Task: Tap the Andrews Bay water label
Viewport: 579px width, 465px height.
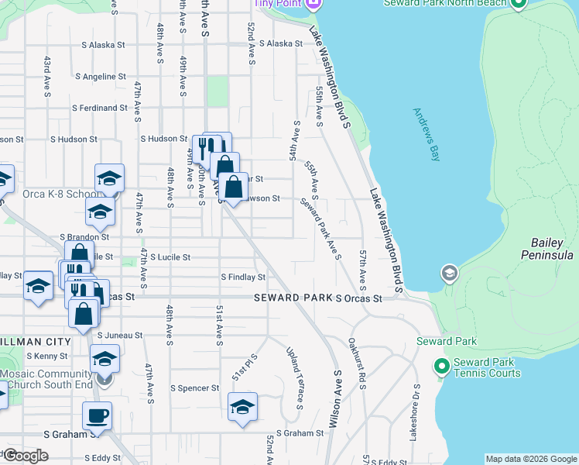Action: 427,134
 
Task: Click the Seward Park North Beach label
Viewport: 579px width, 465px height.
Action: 445,3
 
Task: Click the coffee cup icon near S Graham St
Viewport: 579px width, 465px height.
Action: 97,416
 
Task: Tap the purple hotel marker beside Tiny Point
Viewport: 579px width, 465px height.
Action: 313,5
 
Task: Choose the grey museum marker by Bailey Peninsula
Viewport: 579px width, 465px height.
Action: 449,274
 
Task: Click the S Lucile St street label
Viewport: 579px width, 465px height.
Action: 170,257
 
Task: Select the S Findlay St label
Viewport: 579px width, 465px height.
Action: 243,277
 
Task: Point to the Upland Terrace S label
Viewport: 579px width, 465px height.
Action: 294,377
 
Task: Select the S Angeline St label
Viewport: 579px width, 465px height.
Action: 101,77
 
